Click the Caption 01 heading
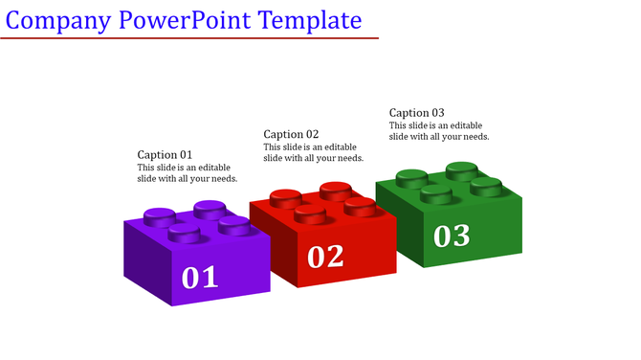click(x=165, y=154)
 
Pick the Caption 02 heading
click(x=291, y=134)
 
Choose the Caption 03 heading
click(x=416, y=113)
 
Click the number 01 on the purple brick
click(x=200, y=277)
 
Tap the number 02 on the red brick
click(x=325, y=256)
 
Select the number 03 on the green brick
click(x=452, y=235)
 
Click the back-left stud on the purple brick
click(x=159, y=215)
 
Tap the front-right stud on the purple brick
click(x=233, y=225)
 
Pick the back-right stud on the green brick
click(x=486, y=185)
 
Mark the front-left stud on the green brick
click(x=436, y=193)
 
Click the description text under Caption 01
click(x=187, y=173)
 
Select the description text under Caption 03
click(x=438, y=131)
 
